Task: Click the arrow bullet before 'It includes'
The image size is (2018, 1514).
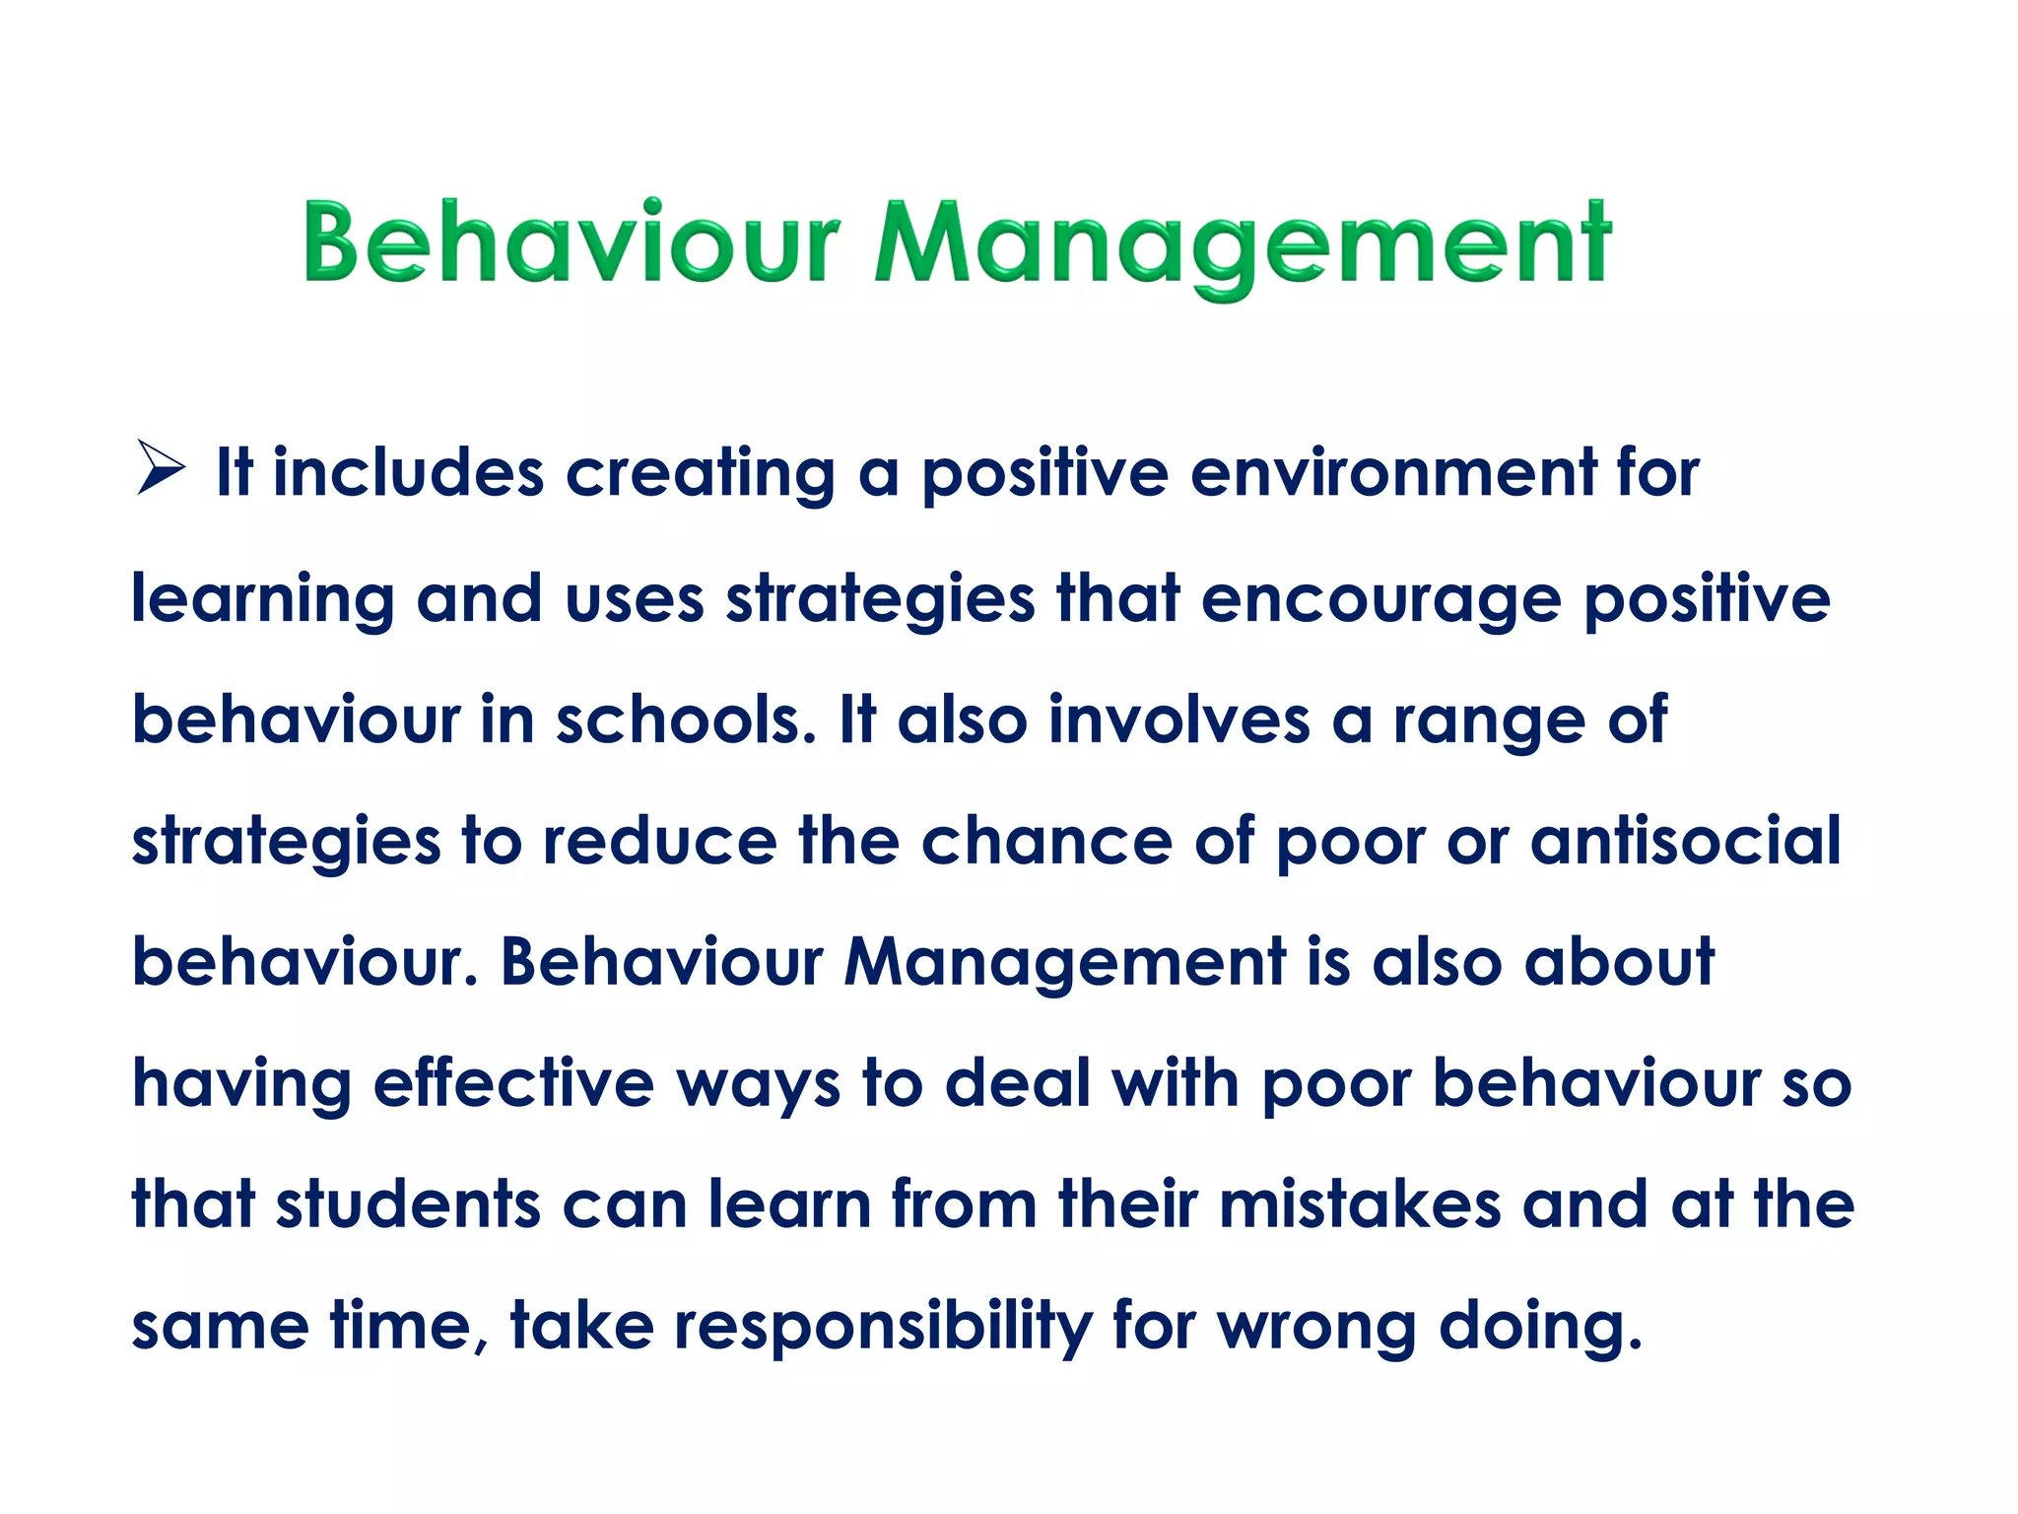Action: pos(161,467)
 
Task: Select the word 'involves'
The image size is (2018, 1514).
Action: pos(1178,720)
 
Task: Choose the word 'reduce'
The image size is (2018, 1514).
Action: pos(659,841)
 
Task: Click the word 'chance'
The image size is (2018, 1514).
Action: pos(1046,841)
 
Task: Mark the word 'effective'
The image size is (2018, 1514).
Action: pos(513,1083)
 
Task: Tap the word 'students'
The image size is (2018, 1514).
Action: pos(408,1204)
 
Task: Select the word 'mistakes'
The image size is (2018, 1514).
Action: pos(1359,1204)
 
